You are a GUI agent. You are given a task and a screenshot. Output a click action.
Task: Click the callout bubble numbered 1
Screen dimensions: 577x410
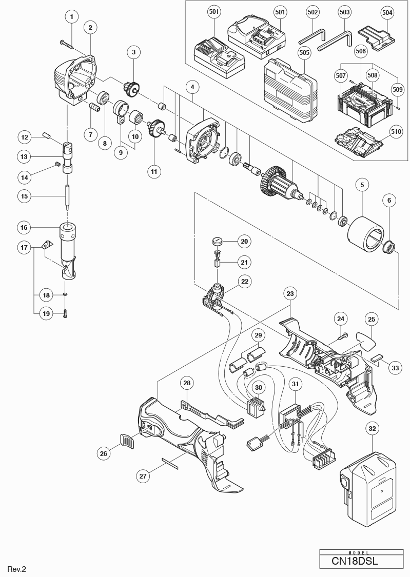[x=71, y=16]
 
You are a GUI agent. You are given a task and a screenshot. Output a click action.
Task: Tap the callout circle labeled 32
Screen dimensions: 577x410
[x=374, y=427]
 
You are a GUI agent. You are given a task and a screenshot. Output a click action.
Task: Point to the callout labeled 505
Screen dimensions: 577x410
[x=304, y=52]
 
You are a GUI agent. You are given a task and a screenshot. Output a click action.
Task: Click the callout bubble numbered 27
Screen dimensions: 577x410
[x=143, y=476]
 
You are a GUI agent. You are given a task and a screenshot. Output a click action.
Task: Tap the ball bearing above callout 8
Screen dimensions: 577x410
[x=105, y=96]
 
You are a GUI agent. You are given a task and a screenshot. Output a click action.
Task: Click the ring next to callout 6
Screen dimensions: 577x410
[x=389, y=248]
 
